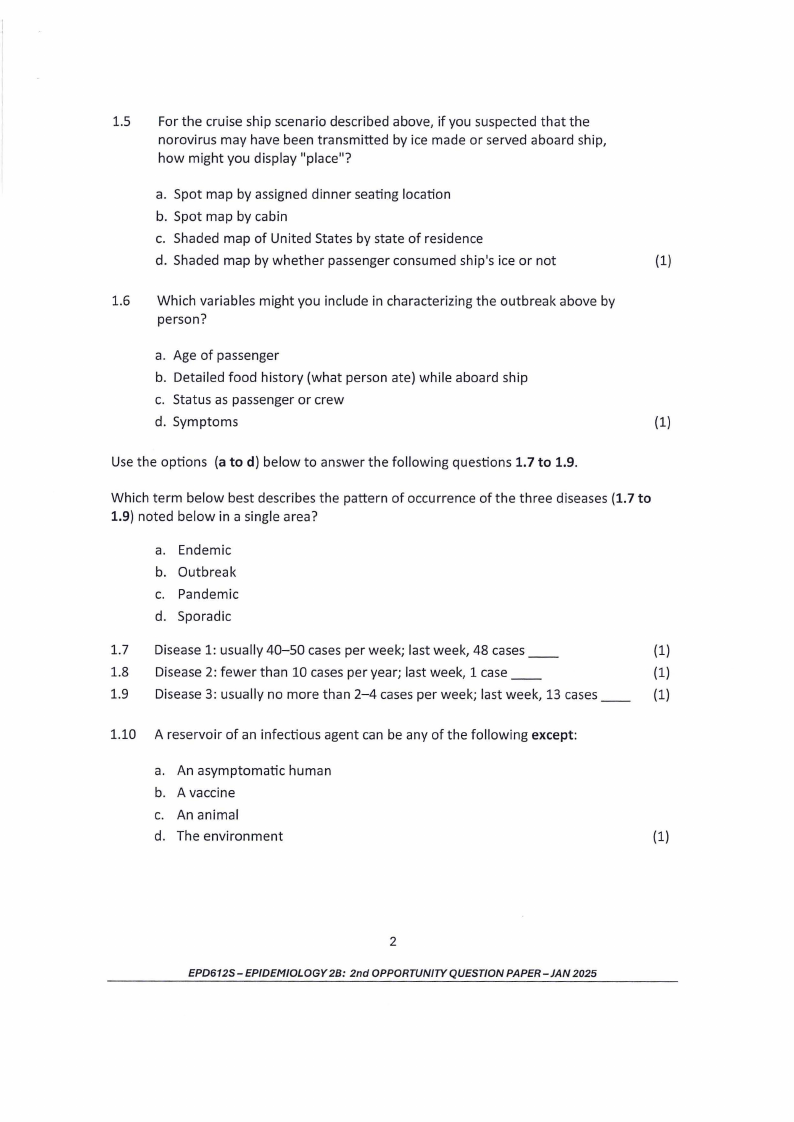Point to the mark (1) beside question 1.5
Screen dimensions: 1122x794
click(x=662, y=261)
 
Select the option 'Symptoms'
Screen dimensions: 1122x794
click(x=205, y=421)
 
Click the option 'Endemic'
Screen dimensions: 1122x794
click(x=204, y=550)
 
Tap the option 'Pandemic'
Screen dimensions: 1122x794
click(x=208, y=594)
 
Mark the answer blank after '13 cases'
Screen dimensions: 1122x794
click(x=616, y=696)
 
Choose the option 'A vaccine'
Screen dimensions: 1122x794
click(x=206, y=792)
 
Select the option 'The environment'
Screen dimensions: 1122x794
click(x=229, y=836)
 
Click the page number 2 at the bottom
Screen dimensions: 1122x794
click(x=393, y=941)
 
